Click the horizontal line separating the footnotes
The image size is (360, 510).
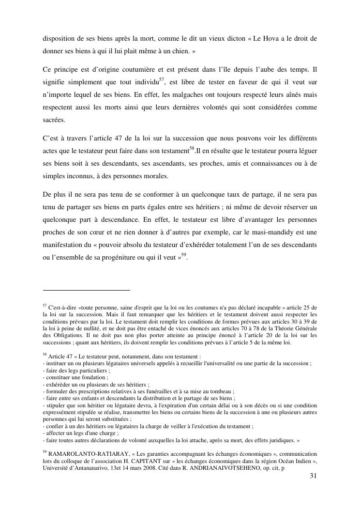87,290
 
